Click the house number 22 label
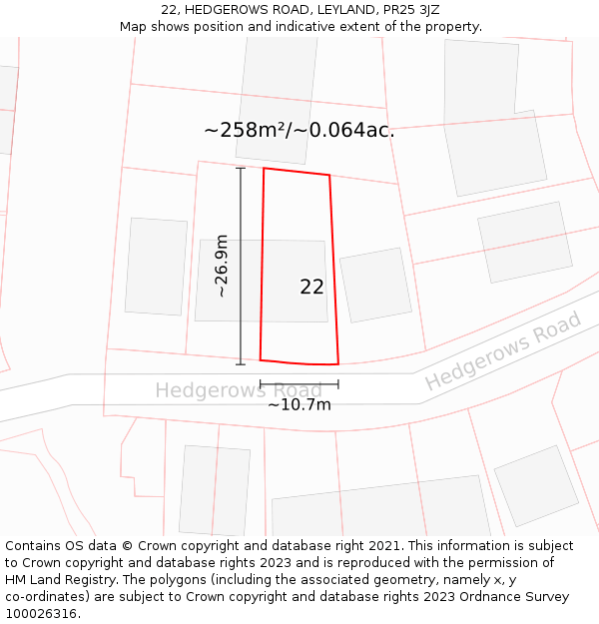pyautogui.click(x=311, y=287)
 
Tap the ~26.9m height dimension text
pyautogui.click(x=222, y=266)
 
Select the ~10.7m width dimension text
pyautogui.click(x=299, y=404)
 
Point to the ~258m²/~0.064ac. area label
pyautogui.click(x=299, y=130)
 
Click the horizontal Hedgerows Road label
pyautogui.click(x=238, y=389)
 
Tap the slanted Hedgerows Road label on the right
pyautogui.click(x=502, y=352)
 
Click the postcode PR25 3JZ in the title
pyautogui.click(x=414, y=9)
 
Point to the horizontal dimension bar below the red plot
pyautogui.click(x=299, y=383)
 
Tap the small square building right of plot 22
pyautogui.click(x=375, y=285)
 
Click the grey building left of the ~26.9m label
pyautogui.click(x=156, y=266)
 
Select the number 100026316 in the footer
pyautogui.click(x=42, y=614)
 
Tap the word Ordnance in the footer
pyautogui.click(x=477, y=597)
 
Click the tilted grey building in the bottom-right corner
pyautogui.click(x=536, y=485)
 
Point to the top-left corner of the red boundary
pyautogui.click(x=264, y=169)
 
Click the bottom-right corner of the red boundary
pyautogui.click(x=337, y=363)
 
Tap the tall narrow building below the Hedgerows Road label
pyautogui.click(x=215, y=489)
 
